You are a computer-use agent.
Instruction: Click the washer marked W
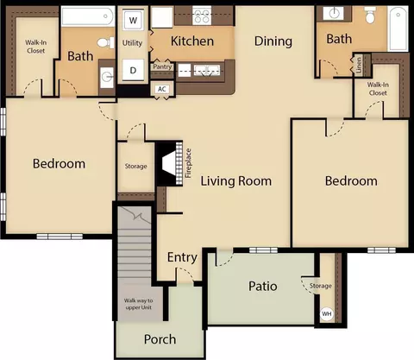[133, 20]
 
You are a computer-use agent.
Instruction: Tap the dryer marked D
[133, 70]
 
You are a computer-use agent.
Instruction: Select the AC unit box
[162, 89]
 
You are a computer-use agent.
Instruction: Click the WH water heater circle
[327, 313]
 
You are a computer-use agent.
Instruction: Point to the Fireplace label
[188, 163]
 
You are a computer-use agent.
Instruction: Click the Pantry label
[162, 66]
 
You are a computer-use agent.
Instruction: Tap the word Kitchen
[192, 41]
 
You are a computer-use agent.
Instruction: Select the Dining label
[273, 41]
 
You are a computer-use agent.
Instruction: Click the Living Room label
[236, 181]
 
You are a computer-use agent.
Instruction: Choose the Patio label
[263, 286]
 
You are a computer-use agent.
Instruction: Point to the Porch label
[160, 339]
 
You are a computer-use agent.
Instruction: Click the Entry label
[182, 257]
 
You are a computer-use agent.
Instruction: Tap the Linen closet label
[359, 65]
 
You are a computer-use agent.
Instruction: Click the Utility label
[132, 43]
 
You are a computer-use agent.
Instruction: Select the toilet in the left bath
[106, 43]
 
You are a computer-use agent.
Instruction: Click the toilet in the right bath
[370, 15]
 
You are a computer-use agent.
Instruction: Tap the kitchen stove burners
[202, 16]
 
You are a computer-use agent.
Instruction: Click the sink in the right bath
[334, 13]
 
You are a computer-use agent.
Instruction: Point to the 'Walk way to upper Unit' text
[139, 304]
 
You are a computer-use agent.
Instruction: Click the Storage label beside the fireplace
[135, 167]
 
